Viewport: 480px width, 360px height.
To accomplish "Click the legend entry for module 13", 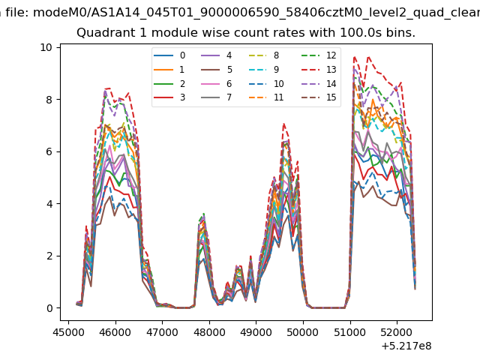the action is click(319, 70).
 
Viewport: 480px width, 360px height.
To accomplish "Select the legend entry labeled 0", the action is click(169, 55).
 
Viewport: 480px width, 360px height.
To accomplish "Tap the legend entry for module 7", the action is click(217, 97).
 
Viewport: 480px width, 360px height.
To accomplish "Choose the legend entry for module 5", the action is click(217, 70).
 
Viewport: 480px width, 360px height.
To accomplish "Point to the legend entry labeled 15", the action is click(319, 97).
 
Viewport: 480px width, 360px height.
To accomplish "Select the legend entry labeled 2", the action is click(169, 83).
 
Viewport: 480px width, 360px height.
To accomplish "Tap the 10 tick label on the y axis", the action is click(46, 47).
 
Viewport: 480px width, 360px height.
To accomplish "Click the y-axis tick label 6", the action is click(49, 151).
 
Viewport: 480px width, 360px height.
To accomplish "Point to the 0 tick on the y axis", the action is click(49, 308).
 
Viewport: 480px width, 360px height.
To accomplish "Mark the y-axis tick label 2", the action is click(49, 256).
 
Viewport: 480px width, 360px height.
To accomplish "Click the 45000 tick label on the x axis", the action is click(68, 331).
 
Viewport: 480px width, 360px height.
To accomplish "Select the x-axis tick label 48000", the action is click(209, 331).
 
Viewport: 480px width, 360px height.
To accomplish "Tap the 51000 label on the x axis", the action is click(350, 331).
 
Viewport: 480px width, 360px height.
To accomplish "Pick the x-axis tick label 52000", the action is click(397, 331).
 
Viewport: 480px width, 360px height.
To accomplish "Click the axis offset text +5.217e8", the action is click(406, 346).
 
